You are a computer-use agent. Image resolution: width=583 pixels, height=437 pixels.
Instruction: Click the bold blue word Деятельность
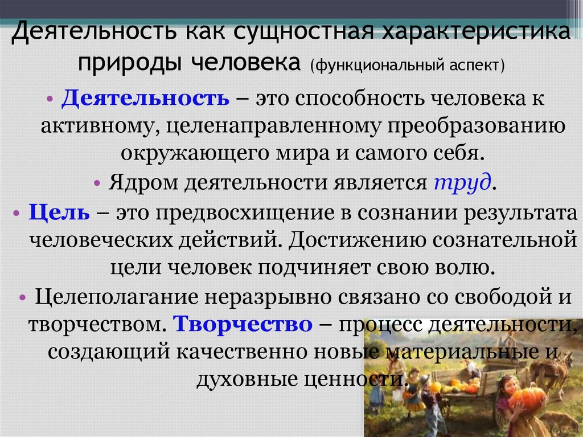click(145, 97)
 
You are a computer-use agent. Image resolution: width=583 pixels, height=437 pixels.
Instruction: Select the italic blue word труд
click(462, 183)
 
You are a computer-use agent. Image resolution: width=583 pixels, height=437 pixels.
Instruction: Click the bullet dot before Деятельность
click(51, 97)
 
